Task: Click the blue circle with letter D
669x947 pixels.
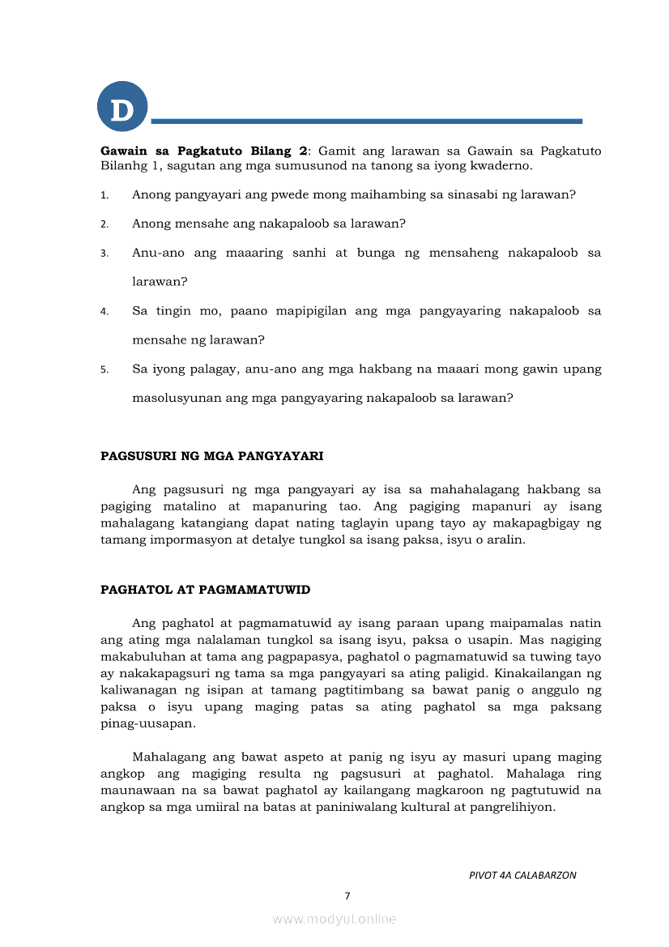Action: pyautogui.click(x=122, y=107)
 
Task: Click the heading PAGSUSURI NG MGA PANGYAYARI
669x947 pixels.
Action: pyautogui.click(x=211, y=456)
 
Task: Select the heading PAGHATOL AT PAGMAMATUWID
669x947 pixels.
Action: pyautogui.click(x=205, y=590)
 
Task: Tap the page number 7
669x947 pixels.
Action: pyautogui.click(x=347, y=896)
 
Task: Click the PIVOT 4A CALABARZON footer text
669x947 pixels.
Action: pyautogui.click(x=522, y=876)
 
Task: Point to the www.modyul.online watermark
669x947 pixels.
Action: pyautogui.click(x=334, y=919)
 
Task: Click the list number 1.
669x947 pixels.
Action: pyautogui.click(x=104, y=195)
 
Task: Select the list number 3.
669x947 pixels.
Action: pyautogui.click(x=104, y=254)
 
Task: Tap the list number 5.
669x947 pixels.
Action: pyautogui.click(x=104, y=369)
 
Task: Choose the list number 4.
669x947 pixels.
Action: pyautogui.click(x=104, y=311)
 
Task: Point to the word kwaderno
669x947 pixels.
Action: pyautogui.click(x=503, y=165)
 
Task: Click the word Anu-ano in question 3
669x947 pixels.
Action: pyautogui.click(x=158, y=253)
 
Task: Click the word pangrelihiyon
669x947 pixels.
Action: pyautogui.click(x=514, y=806)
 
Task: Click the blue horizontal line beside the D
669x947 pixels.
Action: pyautogui.click(x=366, y=122)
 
